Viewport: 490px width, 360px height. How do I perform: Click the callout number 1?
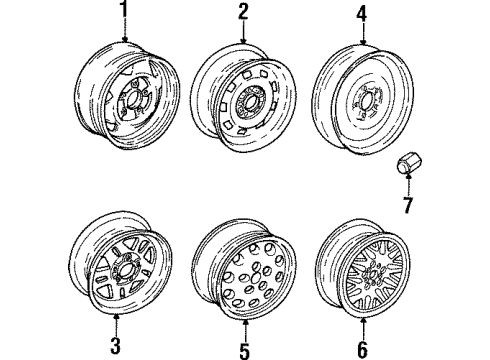pyautogui.click(x=125, y=11)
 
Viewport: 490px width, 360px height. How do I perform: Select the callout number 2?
pyautogui.click(x=243, y=11)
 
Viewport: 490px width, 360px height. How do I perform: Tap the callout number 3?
pyautogui.click(x=115, y=346)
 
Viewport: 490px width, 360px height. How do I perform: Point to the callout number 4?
pyautogui.click(x=360, y=13)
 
